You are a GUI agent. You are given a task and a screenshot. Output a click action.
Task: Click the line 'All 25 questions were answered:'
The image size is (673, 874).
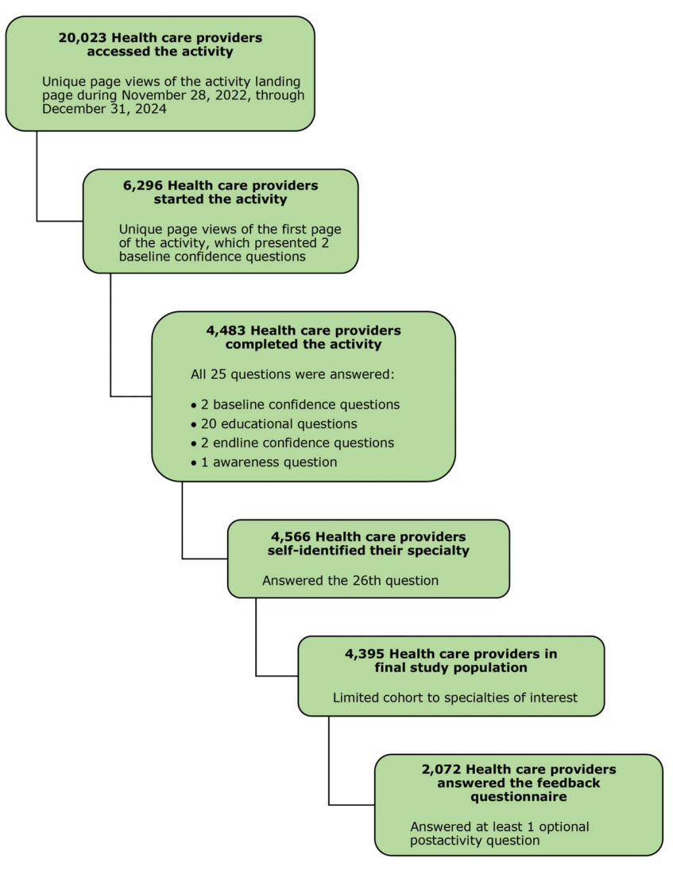tap(292, 373)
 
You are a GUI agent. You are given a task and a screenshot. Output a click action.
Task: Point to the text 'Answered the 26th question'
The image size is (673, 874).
tap(350, 581)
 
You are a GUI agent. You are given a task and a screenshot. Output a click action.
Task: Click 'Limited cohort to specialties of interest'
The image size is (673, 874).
tap(454, 698)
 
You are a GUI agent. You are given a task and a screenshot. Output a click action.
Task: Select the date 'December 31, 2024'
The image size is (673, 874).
tap(104, 110)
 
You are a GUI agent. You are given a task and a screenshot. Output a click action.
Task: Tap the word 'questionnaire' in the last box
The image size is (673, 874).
tap(518, 796)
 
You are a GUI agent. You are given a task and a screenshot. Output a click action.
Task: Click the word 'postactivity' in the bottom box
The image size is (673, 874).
tap(446, 841)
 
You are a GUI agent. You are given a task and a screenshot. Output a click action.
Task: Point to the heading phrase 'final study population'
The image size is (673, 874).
tap(451, 667)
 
